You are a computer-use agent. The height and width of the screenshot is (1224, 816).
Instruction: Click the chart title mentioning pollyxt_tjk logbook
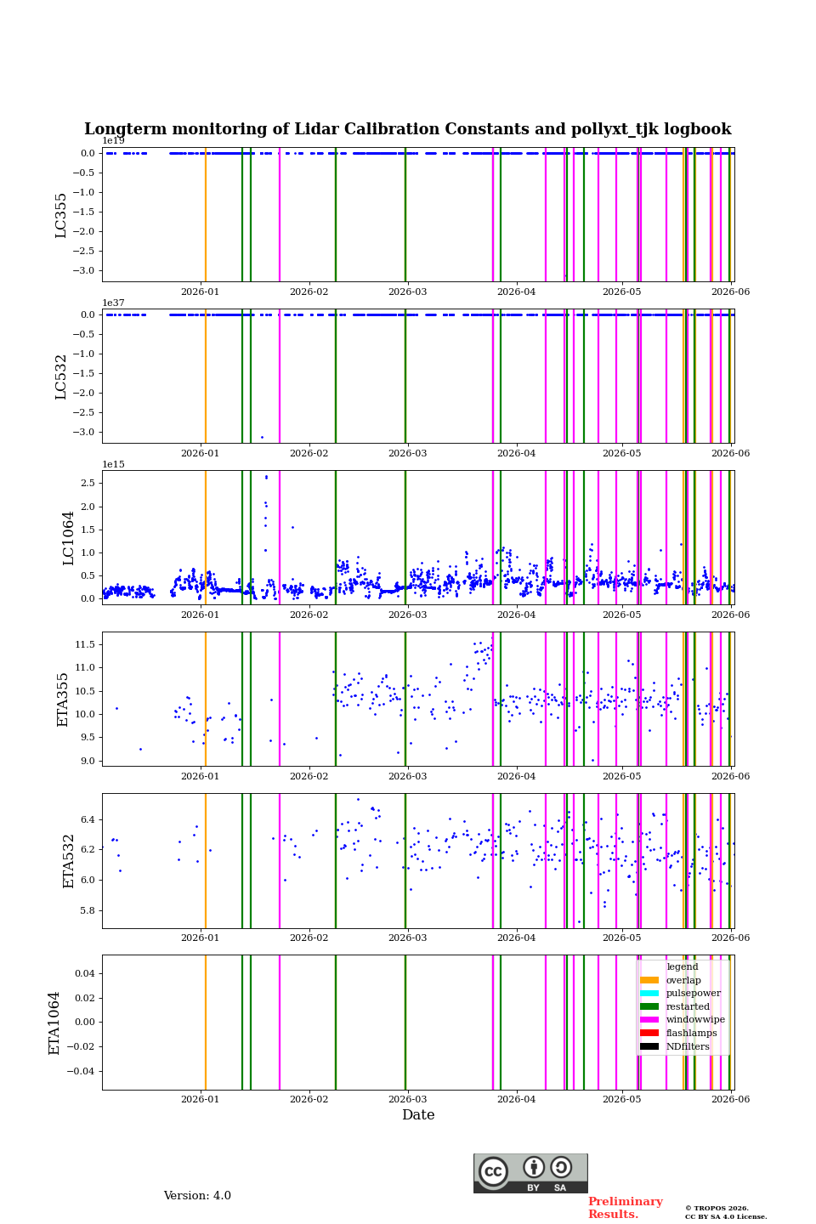click(408, 129)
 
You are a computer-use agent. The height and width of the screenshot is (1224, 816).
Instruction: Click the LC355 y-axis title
click(60, 215)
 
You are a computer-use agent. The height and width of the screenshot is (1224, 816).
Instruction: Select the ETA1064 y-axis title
click(54, 1023)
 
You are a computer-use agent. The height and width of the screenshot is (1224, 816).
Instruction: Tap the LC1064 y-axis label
click(68, 538)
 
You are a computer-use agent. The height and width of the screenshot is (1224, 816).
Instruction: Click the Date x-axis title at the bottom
click(418, 1114)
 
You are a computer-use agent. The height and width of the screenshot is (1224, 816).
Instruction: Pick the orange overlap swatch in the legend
click(649, 980)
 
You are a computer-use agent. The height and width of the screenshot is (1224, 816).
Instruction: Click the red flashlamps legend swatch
click(649, 1033)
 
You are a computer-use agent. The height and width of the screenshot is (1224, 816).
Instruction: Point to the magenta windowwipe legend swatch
click(649, 1020)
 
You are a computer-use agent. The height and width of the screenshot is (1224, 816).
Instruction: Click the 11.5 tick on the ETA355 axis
click(85, 645)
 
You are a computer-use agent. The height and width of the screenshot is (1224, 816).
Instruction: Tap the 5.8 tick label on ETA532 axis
click(88, 911)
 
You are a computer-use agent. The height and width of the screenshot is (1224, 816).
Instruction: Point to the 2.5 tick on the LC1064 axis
click(88, 483)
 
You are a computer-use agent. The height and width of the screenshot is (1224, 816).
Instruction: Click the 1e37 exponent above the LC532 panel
click(114, 303)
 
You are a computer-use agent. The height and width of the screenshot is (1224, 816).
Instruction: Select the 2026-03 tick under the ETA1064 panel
click(407, 1099)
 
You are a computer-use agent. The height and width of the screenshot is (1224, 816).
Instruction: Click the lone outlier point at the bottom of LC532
click(262, 437)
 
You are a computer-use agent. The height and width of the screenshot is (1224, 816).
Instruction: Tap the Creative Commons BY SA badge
click(530, 1173)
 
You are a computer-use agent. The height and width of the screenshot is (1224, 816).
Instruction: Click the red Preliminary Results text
click(626, 1208)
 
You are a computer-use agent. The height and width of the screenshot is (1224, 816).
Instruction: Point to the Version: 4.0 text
click(197, 1196)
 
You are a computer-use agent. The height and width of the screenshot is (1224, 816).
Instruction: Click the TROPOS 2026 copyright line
click(717, 1208)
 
